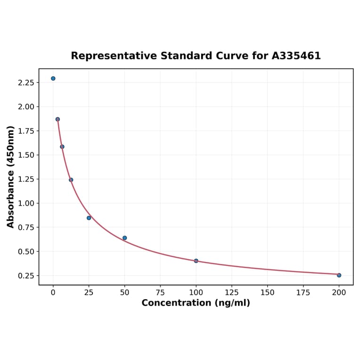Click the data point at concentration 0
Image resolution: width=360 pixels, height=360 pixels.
53,78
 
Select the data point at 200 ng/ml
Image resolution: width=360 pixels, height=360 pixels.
339,275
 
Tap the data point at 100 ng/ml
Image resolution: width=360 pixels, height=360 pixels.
196,261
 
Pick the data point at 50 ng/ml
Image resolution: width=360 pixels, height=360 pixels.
124,238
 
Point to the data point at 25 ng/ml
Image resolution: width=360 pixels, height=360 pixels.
89,218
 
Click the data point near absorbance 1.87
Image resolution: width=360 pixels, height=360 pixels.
57,119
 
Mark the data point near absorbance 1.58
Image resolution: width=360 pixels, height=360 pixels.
62,147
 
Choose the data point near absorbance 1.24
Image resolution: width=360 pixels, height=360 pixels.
71,180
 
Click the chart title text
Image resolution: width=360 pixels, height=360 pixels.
196,56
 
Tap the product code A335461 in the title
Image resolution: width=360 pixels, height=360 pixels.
296,56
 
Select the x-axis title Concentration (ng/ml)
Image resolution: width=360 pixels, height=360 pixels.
196,303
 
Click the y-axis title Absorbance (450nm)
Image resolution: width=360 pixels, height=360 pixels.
11,177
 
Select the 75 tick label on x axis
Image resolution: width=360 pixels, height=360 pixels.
160,293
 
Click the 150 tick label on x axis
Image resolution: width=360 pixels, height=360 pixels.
268,293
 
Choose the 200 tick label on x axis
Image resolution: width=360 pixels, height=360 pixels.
339,293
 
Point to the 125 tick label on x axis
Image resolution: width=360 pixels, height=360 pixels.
232,293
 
